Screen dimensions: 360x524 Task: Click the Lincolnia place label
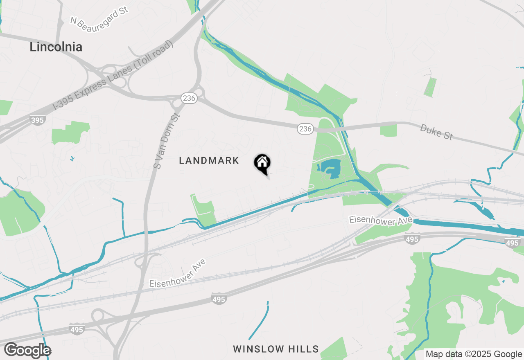coord(56,47)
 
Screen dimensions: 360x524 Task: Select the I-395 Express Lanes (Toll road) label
coord(113,76)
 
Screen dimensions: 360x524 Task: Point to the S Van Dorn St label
coord(167,141)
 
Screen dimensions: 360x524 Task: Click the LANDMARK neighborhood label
coord(209,161)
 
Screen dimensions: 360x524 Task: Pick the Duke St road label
coord(436,132)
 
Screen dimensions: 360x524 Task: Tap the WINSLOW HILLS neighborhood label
coord(276,349)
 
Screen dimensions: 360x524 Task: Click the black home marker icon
coord(262,164)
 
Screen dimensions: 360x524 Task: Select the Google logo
coord(27,351)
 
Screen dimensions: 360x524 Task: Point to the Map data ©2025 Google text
coord(474,354)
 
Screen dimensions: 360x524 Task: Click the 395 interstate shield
coord(37,120)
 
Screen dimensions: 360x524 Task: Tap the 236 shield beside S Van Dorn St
coord(189,98)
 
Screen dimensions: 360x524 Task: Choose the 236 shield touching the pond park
coord(305,129)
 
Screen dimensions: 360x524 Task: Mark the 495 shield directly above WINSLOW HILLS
coord(219,299)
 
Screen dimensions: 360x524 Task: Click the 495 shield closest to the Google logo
coord(77,330)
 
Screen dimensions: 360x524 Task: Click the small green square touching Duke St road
coord(388,130)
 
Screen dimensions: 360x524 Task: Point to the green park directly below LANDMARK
coord(203,209)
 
